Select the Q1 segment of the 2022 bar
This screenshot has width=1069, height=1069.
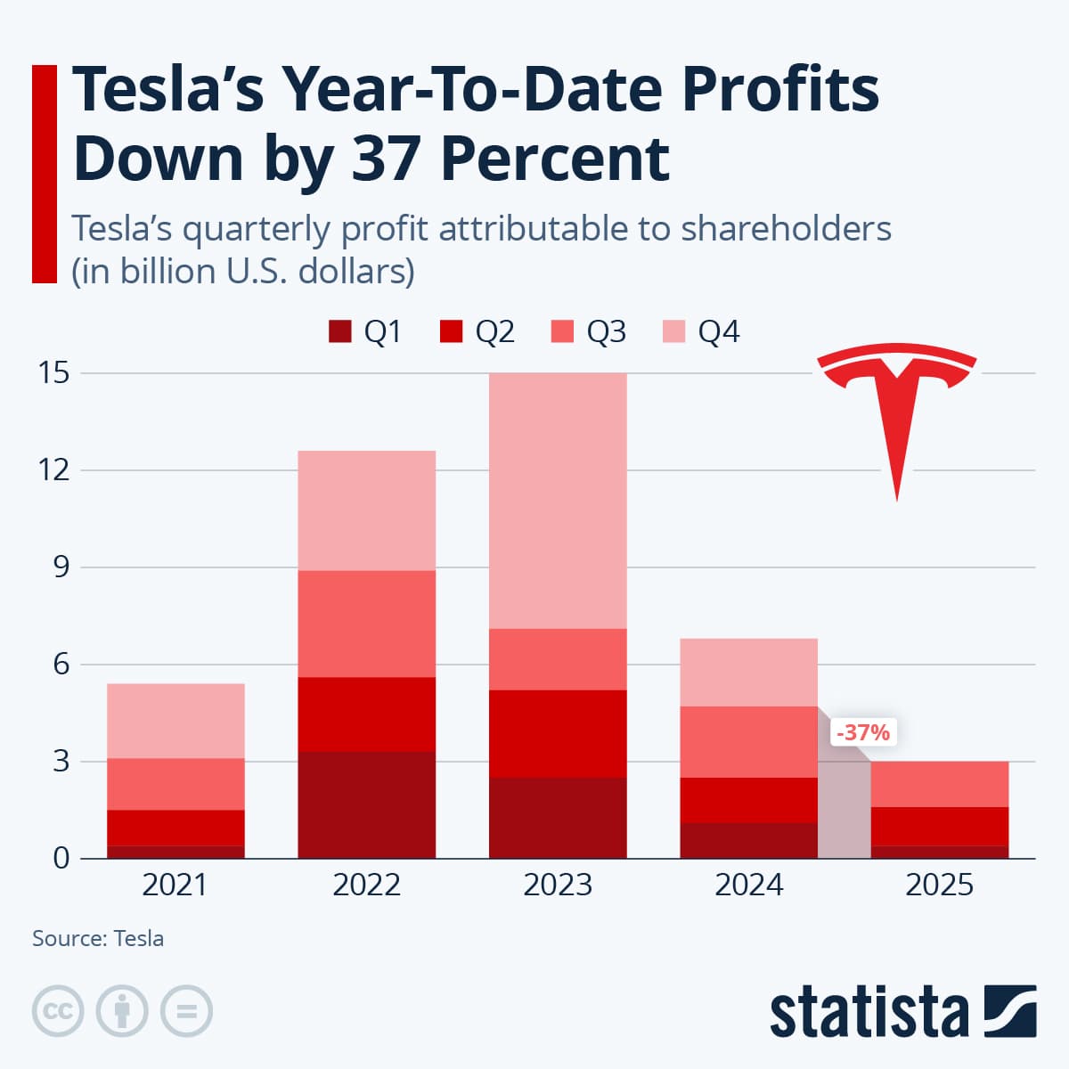coord(366,804)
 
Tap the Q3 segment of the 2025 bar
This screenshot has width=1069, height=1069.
coord(939,784)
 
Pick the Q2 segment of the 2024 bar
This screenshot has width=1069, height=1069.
coord(748,800)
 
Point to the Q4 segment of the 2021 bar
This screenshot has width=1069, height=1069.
coord(175,721)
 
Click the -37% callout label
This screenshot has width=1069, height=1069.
coord(862,732)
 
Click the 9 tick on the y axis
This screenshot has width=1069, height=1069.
coord(61,567)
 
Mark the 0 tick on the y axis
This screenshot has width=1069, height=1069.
coord(61,859)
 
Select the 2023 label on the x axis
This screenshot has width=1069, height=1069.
coord(558,885)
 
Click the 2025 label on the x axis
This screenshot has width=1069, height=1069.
coord(939,885)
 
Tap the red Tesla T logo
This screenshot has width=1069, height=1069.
coord(896,410)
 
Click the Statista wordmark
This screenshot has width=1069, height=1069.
coord(869,1013)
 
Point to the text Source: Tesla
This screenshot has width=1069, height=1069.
coord(98,938)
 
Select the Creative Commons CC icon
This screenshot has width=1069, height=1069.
coord(58,1011)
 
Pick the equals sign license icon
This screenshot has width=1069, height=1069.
coord(186,1011)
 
